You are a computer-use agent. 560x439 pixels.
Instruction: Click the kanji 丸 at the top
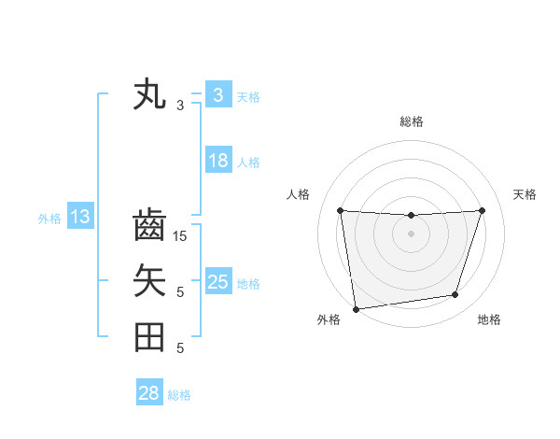point(149,95)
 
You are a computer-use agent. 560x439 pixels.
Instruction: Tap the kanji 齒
point(149,226)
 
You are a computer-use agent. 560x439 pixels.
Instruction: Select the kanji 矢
point(149,280)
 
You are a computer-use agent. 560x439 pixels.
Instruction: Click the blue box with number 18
point(217,161)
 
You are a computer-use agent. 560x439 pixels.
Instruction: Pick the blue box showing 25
point(217,281)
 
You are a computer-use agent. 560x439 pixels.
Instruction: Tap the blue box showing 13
point(79,218)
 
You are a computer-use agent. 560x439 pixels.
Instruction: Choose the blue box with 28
point(148,393)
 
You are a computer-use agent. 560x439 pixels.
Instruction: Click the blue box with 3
point(217,94)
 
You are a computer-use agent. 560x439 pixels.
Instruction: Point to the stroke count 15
point(180,236)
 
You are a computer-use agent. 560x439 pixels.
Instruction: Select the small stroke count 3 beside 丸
point(180,106)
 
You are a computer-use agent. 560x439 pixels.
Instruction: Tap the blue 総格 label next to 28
point(179,395)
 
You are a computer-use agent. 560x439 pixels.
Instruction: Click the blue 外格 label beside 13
point(49,219)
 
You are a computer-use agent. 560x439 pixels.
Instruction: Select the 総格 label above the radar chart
point(411,121)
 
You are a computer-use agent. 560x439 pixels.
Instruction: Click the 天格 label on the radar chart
point(525,194)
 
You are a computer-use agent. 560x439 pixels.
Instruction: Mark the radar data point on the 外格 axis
point(355,309)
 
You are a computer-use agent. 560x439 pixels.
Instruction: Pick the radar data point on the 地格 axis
point(455,295)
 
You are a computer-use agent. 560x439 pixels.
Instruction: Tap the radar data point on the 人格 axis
point(340,210)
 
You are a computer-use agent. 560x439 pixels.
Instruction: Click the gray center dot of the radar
point(411,234)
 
